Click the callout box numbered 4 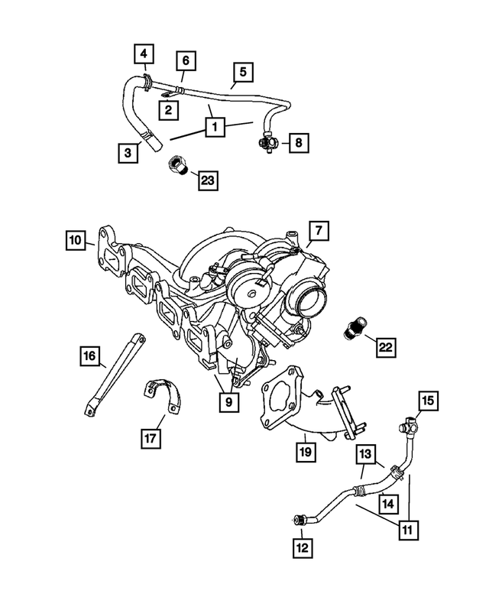(144, 54)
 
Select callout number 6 (185, 59)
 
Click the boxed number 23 (208, 180)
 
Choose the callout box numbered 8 (299, 142)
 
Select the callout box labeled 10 (74, 241)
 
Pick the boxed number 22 (386, 347)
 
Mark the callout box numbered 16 (90, 355)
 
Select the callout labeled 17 (151, 438)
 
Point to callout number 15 (427, 399)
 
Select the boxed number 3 (128, 153)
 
